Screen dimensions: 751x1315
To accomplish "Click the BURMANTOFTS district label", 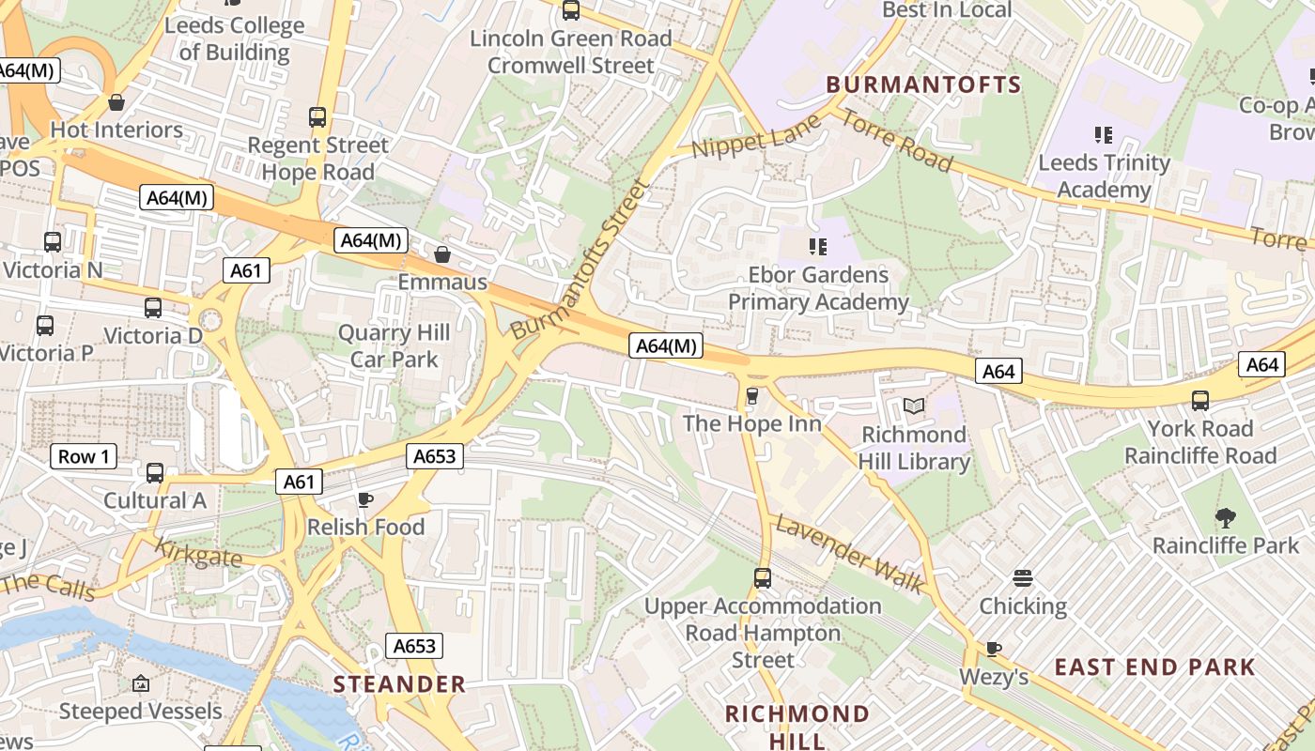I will click(x=923, y=84).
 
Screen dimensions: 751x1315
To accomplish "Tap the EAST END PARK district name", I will click(x=1154, y=667).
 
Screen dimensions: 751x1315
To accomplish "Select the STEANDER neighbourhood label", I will click(x=399, y=684).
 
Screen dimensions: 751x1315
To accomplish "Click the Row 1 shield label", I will click(x=85, y=457).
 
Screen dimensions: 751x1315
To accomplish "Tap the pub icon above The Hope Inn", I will click(x=751, y=396).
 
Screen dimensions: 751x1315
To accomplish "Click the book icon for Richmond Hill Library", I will click(x=913, y=406).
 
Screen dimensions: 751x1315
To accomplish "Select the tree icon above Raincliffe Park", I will click(x=1225, y=517).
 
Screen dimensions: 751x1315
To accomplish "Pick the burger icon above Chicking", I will click(x=1023, y=578).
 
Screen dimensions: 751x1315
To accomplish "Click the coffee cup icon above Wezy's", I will click(x=993, y=649).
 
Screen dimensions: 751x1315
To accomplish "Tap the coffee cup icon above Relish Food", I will click(x=365, y=499).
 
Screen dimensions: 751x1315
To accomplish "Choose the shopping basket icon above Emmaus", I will click(x=441, y=254).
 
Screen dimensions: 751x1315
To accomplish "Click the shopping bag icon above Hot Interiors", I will click(x=116, y=101).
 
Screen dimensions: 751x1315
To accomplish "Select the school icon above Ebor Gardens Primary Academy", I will click(x=817, y=247).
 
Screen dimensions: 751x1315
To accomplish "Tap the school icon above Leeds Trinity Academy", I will click(x=1103, y=135).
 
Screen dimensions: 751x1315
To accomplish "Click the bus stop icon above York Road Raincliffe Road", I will click(x=1199, y=401).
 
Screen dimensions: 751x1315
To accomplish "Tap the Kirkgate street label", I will click(x=197, y=552).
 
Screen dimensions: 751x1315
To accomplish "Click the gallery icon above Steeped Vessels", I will click(x=140, y=683).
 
